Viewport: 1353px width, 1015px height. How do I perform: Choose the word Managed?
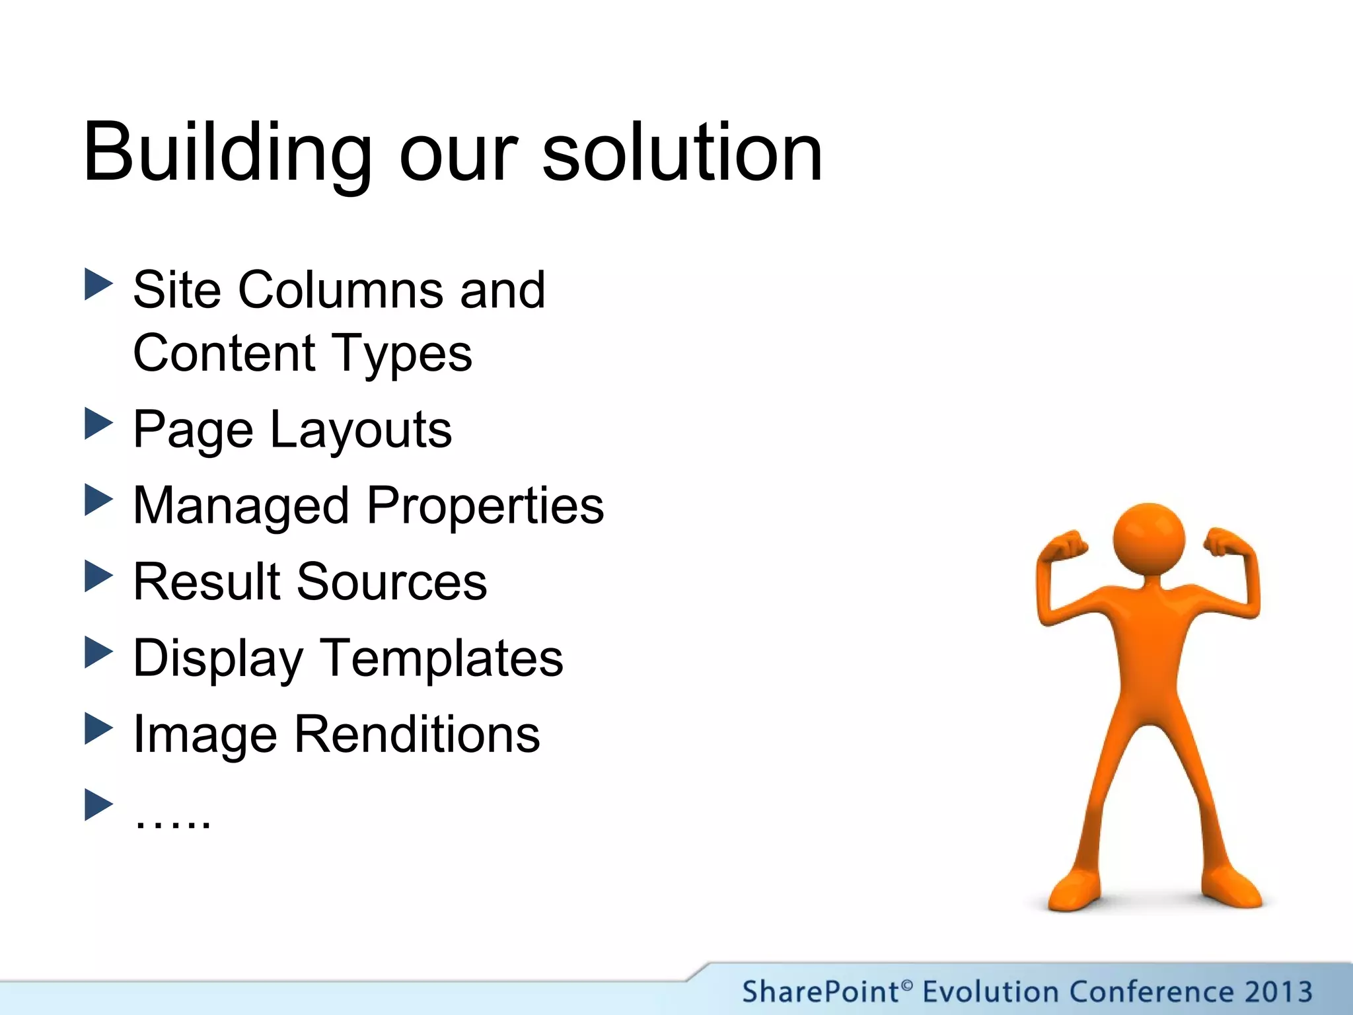click(240, 506)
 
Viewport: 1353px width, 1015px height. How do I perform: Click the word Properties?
click(486, 506)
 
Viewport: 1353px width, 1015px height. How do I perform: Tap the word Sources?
click(391, 582)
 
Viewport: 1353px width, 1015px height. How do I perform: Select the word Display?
click(218, 659)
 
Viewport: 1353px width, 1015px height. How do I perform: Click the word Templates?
click(442, 658)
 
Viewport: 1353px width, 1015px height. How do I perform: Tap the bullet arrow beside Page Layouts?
click(99, 424)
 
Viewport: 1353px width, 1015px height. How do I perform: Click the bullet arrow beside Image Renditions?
click(99, 729)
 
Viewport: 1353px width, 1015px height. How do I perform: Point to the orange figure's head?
click(1149, 539)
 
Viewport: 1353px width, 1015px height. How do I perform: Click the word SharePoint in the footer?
click(819, 992)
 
